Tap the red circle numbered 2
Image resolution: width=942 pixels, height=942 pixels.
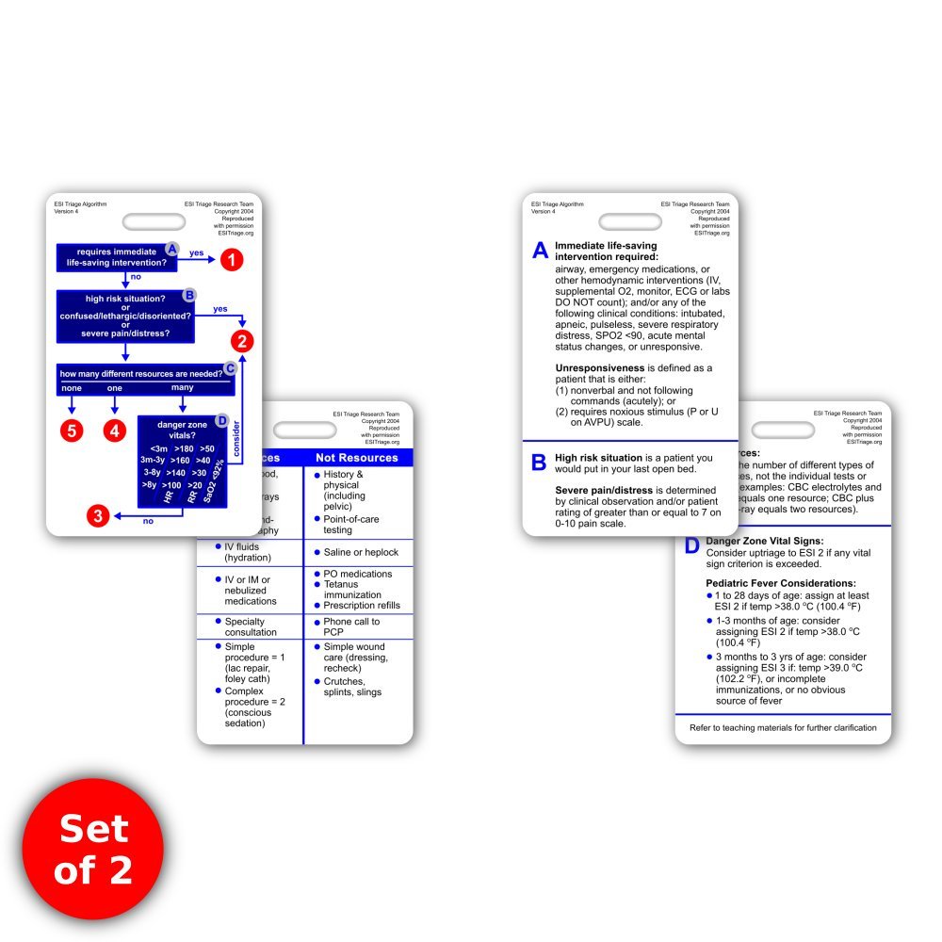tap(243, 341)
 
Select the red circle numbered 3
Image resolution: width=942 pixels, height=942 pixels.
tap(99, 515)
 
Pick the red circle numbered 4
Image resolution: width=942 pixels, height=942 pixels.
tap(115, 430)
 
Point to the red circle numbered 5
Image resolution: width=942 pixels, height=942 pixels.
tap(72, 430)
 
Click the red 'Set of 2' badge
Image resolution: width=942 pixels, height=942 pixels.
tap(93, 848)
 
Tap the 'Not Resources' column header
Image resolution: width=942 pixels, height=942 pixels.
tap(357, 457)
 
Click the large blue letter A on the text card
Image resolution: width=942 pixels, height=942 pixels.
tap(540, 251)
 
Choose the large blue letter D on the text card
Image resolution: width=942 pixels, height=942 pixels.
tap(691, 545)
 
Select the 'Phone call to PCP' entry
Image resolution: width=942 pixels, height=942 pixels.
tap(351, 627)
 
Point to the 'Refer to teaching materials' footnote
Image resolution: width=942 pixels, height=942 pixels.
tap(783, 727)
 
